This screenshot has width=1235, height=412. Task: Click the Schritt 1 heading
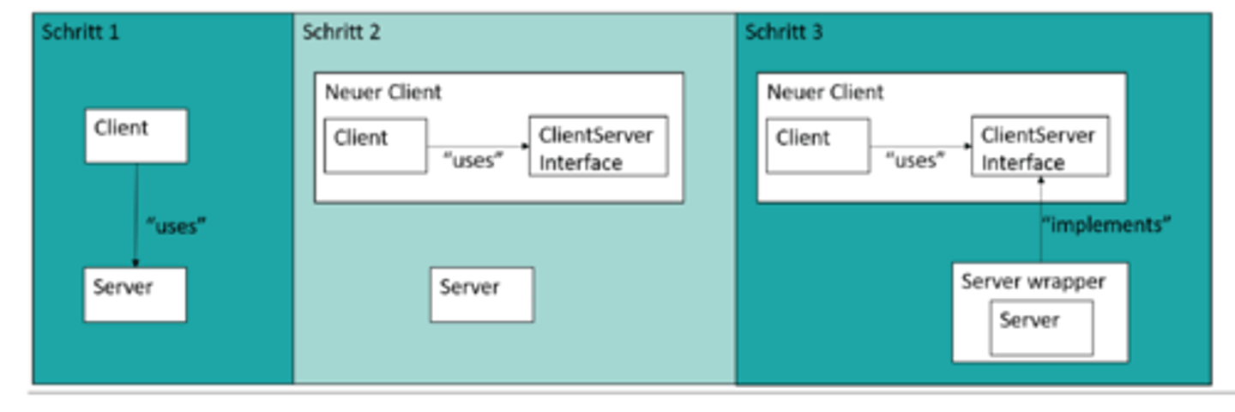(80, 33)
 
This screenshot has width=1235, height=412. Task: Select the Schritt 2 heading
(340, 33)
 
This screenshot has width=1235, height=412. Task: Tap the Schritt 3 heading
(783, 33)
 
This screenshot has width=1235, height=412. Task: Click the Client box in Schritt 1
(136, 135)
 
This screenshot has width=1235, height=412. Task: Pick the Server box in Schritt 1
(135, 294)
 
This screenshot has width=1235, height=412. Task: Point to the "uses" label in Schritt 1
(177, 227)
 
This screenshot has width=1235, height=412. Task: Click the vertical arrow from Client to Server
(136, 215)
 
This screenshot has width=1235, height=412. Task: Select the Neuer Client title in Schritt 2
(383, 92)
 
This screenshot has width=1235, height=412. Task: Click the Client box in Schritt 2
(375, 146)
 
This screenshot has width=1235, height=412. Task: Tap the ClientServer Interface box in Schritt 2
(598, 147)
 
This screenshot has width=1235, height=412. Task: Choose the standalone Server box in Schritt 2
(481, 294)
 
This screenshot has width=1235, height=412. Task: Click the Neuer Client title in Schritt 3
(825, 92)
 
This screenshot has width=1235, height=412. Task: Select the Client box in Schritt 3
(816, 146)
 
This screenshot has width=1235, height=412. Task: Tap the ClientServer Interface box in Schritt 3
(1039, 147)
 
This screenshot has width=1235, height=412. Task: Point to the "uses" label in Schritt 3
(914, 161)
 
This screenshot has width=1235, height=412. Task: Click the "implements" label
(1106, 225)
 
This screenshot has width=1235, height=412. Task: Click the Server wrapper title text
(1033, 282)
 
